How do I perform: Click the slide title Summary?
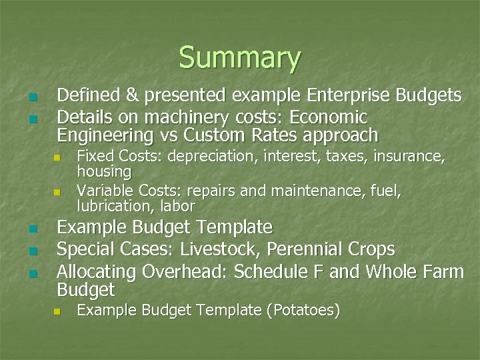click(239, 58)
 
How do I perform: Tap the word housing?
click(104, 171)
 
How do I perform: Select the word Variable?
click(102, 192)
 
